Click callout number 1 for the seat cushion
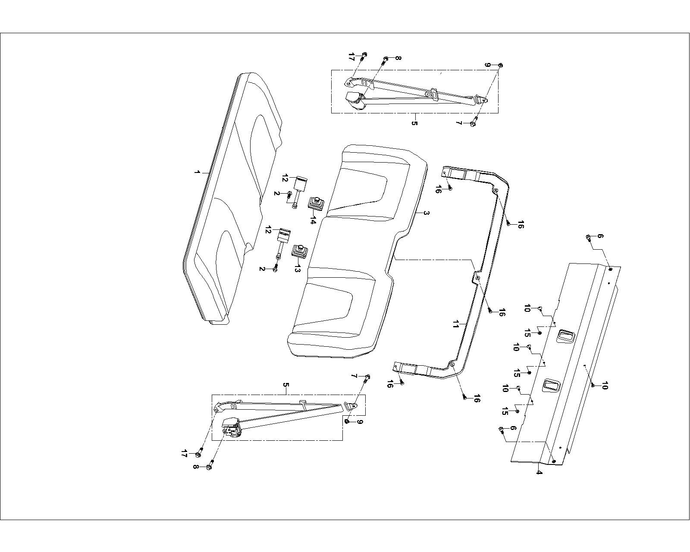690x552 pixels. pos(197,172)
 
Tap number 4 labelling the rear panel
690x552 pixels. pos(539,472)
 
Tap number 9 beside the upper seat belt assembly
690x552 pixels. pos(487,65)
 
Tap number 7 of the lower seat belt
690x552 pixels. pos(354,376)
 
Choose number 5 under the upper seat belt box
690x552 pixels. pos(414,123)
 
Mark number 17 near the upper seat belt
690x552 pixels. pos(351,56)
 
